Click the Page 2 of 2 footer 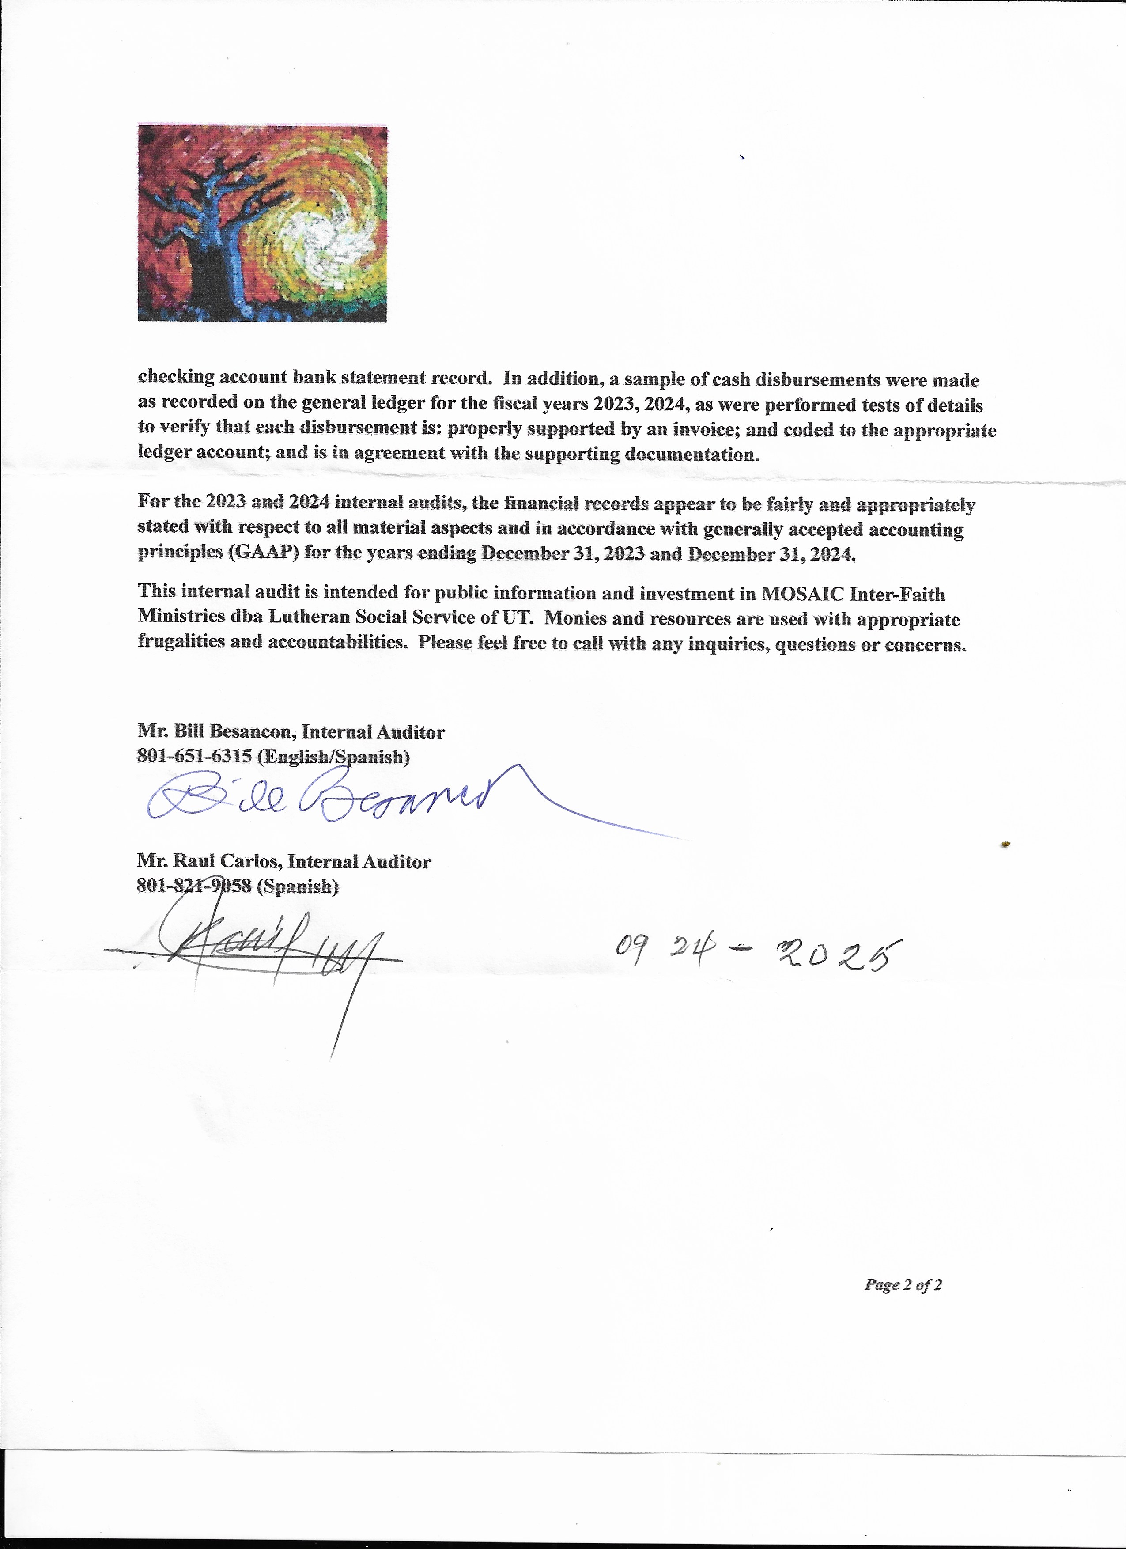coord(903,1285)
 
